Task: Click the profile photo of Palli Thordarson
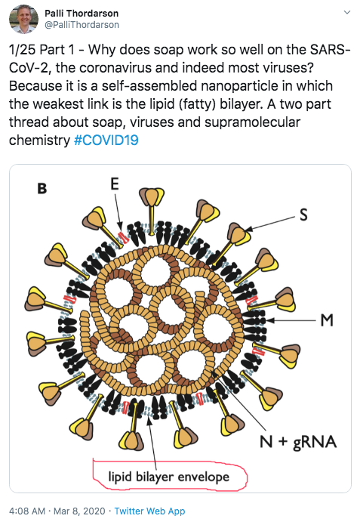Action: (23, 19)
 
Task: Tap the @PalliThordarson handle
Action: (82, 25)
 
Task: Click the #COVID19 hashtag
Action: (106, 140)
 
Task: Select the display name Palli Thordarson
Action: (82, 14)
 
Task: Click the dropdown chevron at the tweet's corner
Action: (347, 12)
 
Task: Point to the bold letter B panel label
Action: (42, 189)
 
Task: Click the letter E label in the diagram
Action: (115, 184)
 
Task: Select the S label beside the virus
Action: (303, 215)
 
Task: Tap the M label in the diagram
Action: (327, 320)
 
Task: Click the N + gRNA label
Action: (298, 442)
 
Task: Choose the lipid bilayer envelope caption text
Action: (168, 477)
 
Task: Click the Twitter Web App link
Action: (149, 511)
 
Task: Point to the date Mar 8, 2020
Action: (79, 511)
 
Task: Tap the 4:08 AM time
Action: (27, 511)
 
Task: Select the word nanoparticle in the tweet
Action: (239, 86)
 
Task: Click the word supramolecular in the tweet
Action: (252, 122)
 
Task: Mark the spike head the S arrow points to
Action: (239, 233)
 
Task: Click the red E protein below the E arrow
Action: (124, 237)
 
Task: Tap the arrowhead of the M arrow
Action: (270, 320)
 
